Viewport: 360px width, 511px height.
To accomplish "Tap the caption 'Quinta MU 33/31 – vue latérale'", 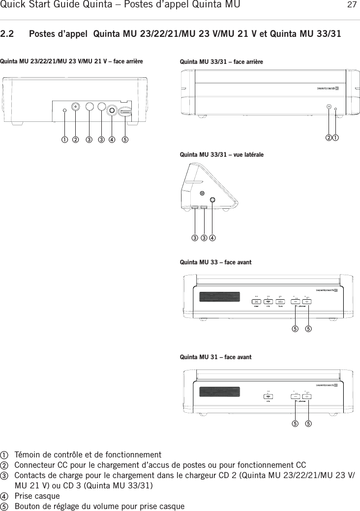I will (x=222, y=155).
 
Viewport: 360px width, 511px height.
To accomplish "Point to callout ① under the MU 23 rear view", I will (x=64, y=139).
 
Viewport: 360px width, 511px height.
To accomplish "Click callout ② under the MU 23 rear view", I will (x=75, y=139).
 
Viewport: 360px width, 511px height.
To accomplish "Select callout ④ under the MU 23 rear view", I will (x=112, y=139).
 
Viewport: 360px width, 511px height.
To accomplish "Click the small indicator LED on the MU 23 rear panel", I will (x=64, y=110).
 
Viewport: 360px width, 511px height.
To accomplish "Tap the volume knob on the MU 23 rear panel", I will (x=126, y=113).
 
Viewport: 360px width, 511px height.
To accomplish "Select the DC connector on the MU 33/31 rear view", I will (x=329, y=106).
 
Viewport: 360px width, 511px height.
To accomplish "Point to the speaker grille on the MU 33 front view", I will (x=219, y=297).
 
